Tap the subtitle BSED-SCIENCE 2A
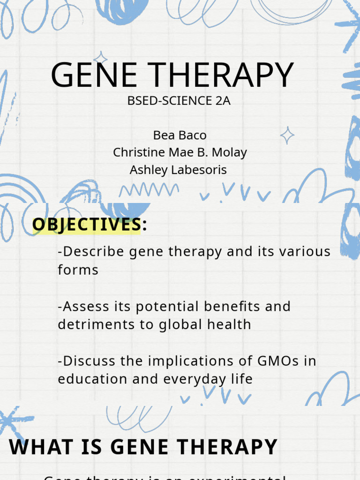pyautogui.click(x=179, y=101)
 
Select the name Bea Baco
pyautogui.click(x=180, y=135)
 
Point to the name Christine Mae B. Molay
pyautogui.click(x=180, y=152)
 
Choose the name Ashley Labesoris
pyautogui.click(x=178, y=170)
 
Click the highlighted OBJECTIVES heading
pyautogui.click(x=86, y=225)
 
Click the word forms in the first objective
pyautogui.click(x=78, y=270)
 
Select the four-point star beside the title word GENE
pyautogui.click(x=100, y=59)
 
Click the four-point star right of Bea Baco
pyautogui.click(x=287, y=135)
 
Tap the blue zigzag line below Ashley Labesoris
pyautogui.click(x=149, y=190)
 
